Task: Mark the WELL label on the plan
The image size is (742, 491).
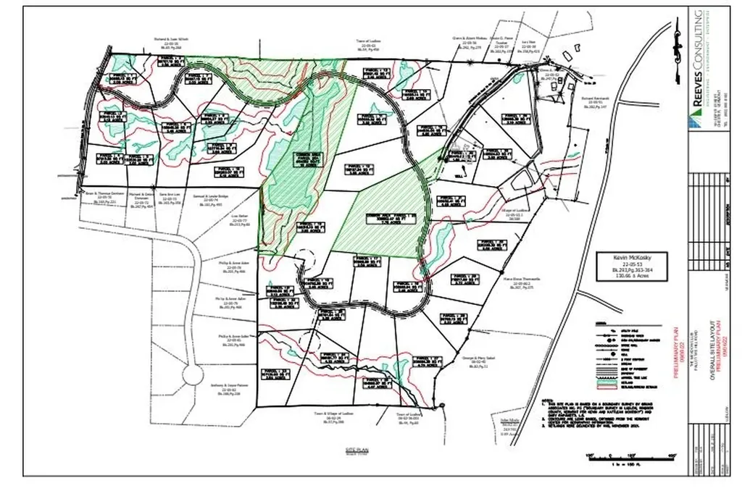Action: click(459, 174)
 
